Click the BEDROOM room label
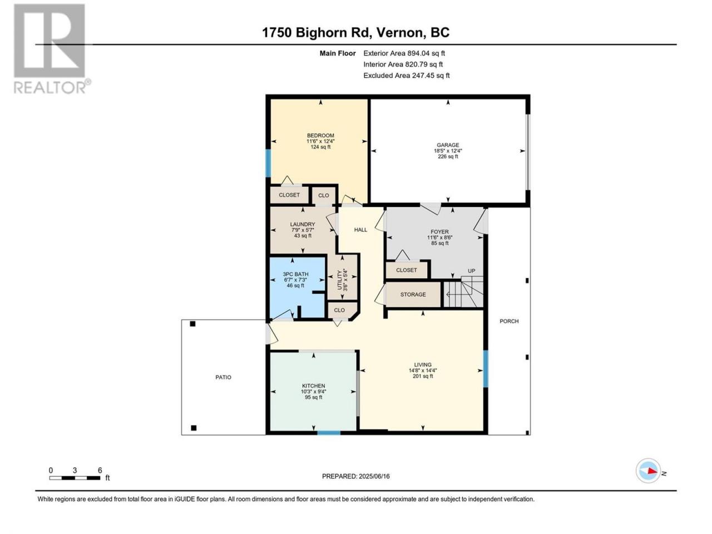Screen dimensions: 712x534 pyautogui.click(x=320, y=136)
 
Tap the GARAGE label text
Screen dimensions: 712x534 pyautogui.click(x=448, y=145)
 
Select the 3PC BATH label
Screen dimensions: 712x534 pyautogui.click(x=295, y=274)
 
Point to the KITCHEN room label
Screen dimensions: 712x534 pyautogui.click(x=313, y=386)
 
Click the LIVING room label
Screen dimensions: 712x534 pyautogui.click(x=423, y=365)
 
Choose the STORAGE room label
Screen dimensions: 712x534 pyautogui.click(x=413, y=295)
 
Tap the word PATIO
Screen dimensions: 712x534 pyautogui.click(x=223, y=377)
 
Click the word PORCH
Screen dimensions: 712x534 pyautogui.click(x=509, y=322)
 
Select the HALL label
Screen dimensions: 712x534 pyautogui.click(x=360, y=230)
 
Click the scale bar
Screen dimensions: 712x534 pyautogui.click(x=75, y=478)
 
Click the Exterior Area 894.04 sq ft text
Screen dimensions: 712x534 pyautogui.click(x=404, y=53)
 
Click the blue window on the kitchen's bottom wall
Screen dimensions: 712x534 pyautogui.click(x=329, y=433)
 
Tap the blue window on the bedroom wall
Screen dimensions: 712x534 pyautogui.click(x=268, y=163)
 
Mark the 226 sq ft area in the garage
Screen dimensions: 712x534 pyautogui.click(x=448, y=157)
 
